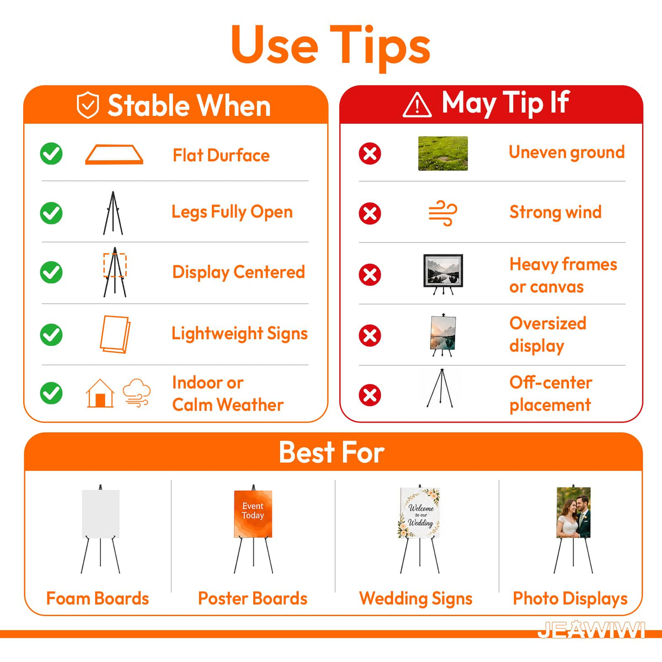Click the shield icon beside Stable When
click(88, 105)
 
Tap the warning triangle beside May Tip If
click(417, 105)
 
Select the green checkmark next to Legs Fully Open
click(51, 213)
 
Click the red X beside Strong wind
click(370, 213)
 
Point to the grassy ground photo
click(443, 153)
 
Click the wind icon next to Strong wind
click(443, 213)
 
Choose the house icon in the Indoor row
click(100, 393)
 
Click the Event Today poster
click(253, 514)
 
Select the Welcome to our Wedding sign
click(420, 512)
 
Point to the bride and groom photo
click(573, 512)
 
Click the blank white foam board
click(100, 514)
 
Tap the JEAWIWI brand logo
click(591, 630)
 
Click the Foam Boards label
click(98, 599)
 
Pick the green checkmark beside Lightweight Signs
click(51, 335)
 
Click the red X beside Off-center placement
click(370, 395)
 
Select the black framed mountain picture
click(443, 271)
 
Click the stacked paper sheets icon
click(115, 334)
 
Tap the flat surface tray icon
click(114, 154)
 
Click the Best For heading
click(332, 452)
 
